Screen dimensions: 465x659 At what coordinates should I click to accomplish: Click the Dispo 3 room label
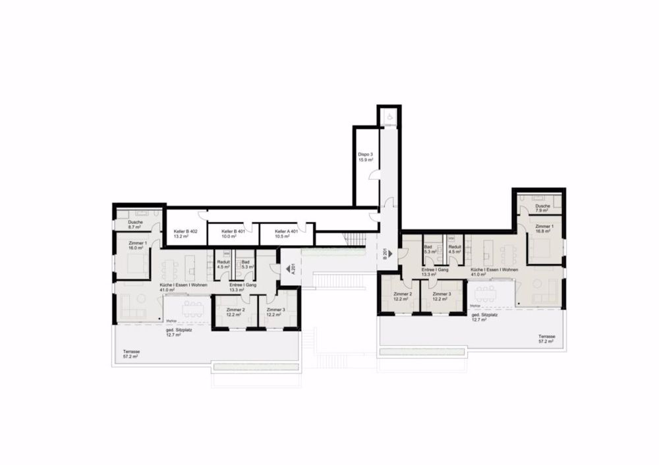(x=366, y=155)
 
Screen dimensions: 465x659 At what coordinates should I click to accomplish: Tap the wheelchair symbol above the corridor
(x=389, y=117)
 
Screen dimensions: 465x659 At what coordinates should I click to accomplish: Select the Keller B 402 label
(x=186, y=232)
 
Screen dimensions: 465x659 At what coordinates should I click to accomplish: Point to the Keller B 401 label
(x=234, y=232)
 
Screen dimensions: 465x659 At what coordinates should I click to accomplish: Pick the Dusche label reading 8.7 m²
(x=136, y=222)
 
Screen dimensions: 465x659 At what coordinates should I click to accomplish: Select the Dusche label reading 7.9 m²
(x=542, y=206)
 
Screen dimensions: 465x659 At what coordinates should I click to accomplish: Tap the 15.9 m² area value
(x=366, y=160)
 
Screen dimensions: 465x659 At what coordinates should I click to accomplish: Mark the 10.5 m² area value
(x=284, y=237)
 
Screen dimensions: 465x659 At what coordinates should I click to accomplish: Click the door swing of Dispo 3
(x=374, y=175)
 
